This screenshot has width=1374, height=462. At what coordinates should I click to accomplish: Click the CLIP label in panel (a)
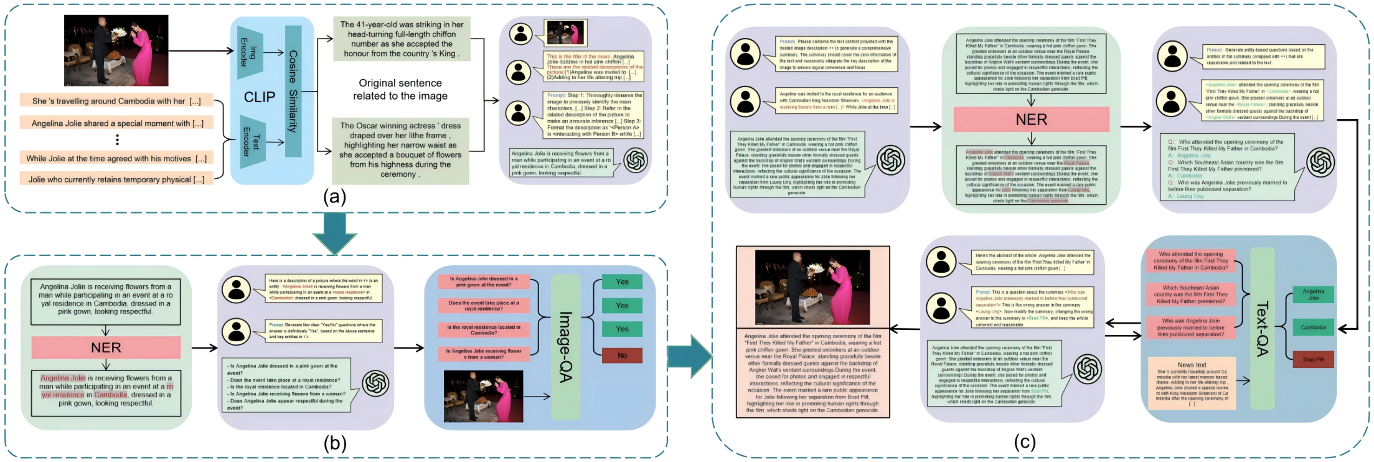[260, 97]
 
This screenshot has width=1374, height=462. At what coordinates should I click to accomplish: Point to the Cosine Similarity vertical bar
[293, 91]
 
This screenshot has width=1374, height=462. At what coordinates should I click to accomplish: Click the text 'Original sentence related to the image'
[400, 90]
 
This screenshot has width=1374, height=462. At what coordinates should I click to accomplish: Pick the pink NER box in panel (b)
[106, 347]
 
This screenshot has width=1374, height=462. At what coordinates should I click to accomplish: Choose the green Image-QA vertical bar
[565, 347]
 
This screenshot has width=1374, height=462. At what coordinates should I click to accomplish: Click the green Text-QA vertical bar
[1262, 328]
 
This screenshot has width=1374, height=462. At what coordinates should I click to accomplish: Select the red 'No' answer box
[622, 356]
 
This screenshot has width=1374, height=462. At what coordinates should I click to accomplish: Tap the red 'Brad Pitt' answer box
[1313, 359]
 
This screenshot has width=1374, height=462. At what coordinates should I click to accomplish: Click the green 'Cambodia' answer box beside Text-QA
[1313, 328]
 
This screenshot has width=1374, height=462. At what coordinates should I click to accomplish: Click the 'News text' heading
[1192, 365]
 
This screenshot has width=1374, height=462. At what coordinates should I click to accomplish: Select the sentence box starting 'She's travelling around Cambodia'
[116, 101]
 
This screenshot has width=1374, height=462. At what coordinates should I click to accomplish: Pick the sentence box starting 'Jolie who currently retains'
[116, 179]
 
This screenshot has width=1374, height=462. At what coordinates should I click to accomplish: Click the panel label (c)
[1025, 441]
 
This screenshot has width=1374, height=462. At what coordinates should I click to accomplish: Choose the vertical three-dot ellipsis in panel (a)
[117, 140]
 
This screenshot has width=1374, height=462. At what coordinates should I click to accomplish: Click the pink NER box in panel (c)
[1031, 119]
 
